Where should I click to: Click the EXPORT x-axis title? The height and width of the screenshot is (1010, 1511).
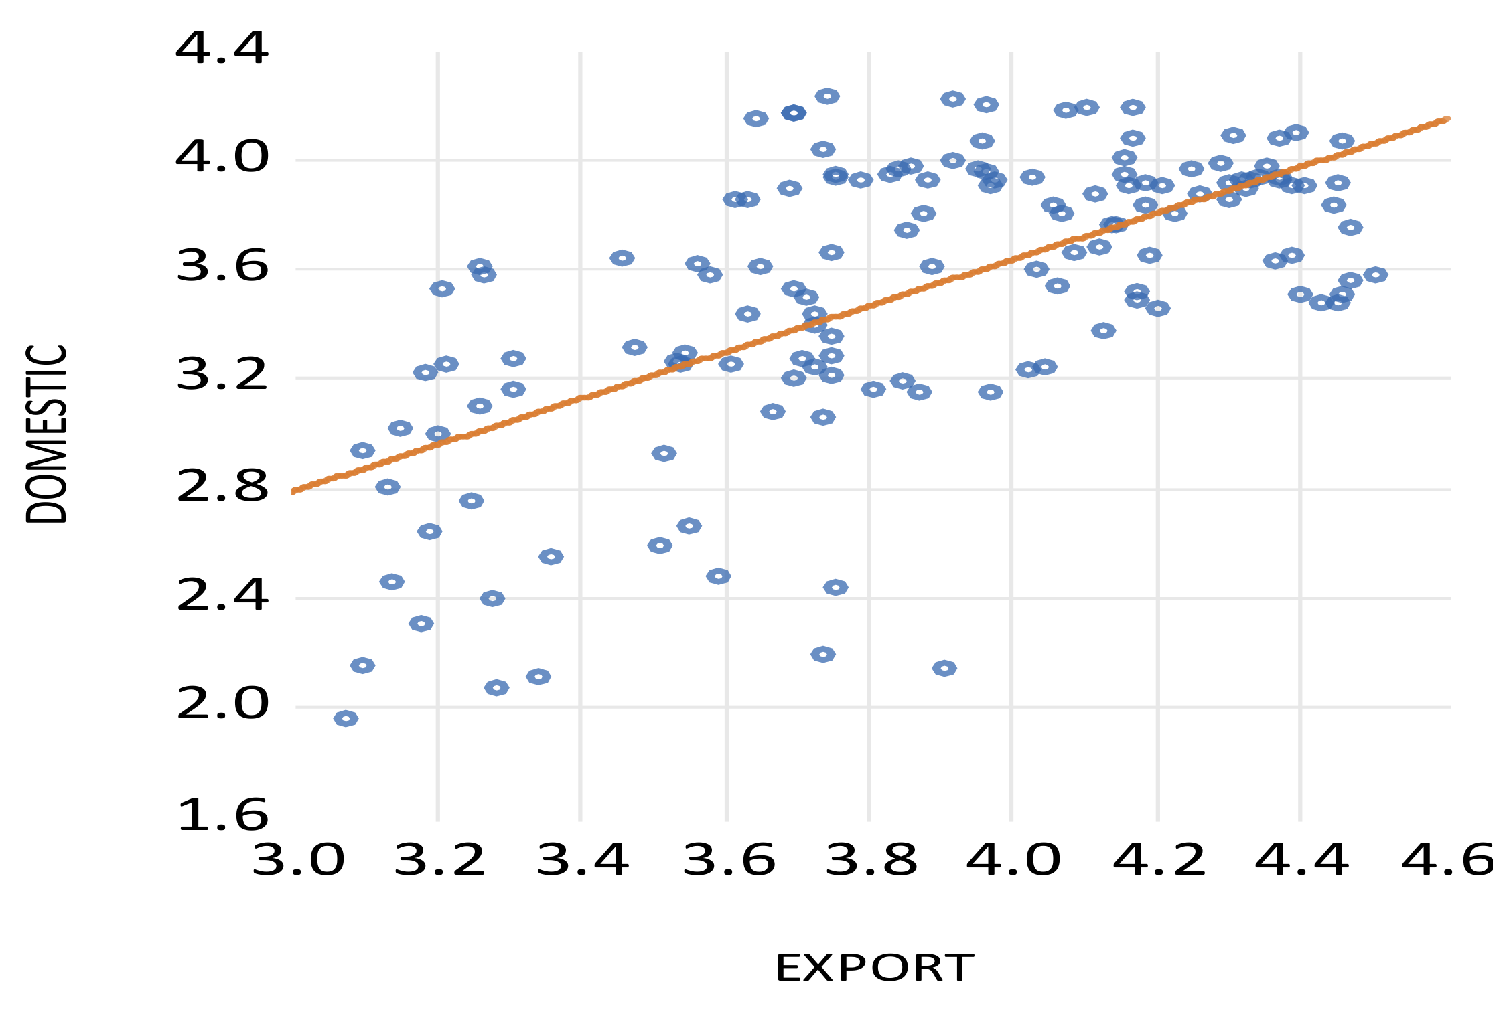click(x=874, y=968)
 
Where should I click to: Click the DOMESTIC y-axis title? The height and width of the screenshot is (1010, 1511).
click(x=47, y=434)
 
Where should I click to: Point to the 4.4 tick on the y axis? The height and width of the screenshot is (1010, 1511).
click(x=222, y=50)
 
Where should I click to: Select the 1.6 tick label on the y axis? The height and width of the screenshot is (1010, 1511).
click(x=222, y=816)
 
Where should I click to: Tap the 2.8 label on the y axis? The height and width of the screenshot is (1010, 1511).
click(x=222, y=488)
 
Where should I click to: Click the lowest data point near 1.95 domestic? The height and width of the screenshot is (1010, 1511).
click(x=346, y=719)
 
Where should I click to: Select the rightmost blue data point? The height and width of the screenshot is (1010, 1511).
click(x=1375, y=275)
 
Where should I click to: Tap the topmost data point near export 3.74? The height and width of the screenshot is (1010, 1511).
click(x=827, y=96)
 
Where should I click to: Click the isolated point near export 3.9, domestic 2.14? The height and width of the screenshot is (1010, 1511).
click(x=944, y=668)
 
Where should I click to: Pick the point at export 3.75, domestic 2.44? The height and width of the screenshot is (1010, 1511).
click(x=835, y=588)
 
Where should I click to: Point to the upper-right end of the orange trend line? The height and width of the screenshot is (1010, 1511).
click(x=1447, y=119)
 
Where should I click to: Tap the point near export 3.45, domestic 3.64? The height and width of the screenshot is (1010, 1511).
click(x=622, y=258)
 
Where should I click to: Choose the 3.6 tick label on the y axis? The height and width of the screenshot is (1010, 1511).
click(x=222, y=268)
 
